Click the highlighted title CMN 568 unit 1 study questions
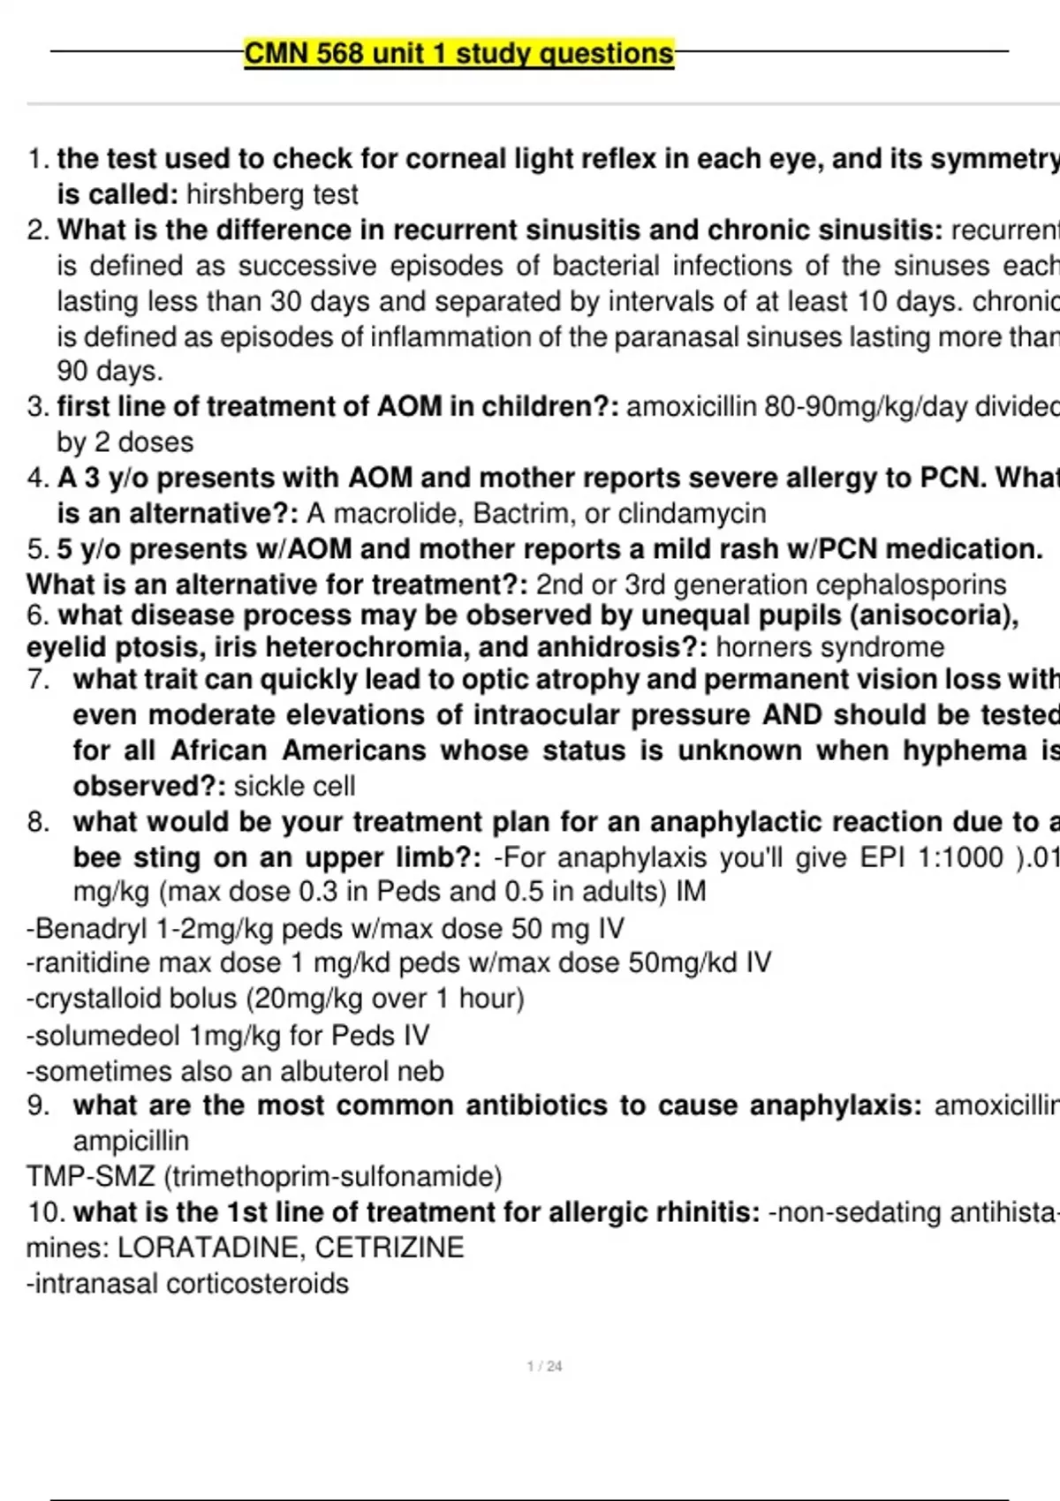[x=458, y=54]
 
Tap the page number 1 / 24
[x=544, y=1366]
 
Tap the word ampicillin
[x=131, y=1141]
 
